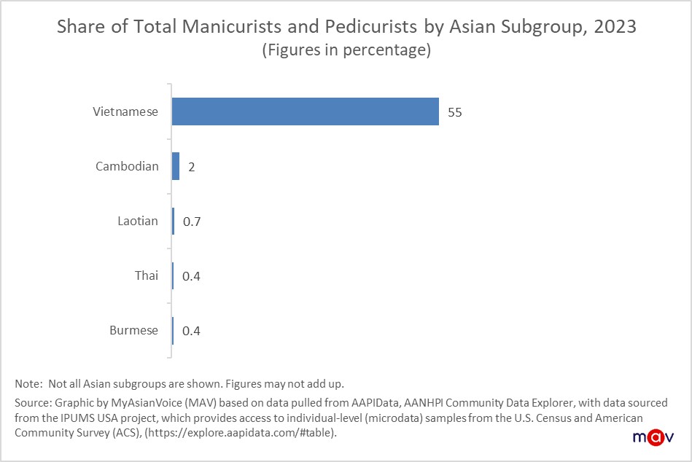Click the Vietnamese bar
pyautogui.click(x=305, y=111)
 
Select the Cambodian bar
pyautogui.click(x=176, y=166)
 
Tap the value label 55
pyautogui.click(x=455, y=112)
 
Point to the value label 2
pyautogui.click(x=191, y=167)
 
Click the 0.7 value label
pyautogui.click(x=191, y=222)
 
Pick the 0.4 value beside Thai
pyautogui.click(x=191, y=276)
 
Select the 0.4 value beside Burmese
pyautogui.click(x=191, y=331)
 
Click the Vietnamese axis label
pyautogui.click(x=125, y=112)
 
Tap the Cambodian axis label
pyautogui.click(x=127, y=166)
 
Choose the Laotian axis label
pyautogui.click(x=138, y=221)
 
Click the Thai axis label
pyautogui.click(x=146, y=275)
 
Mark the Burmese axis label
pyautogui.click(x=133, y=330)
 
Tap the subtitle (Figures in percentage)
pyautogui.click(x=346, y=51)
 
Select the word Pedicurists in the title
pyautogui.click(x=372, y=28)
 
